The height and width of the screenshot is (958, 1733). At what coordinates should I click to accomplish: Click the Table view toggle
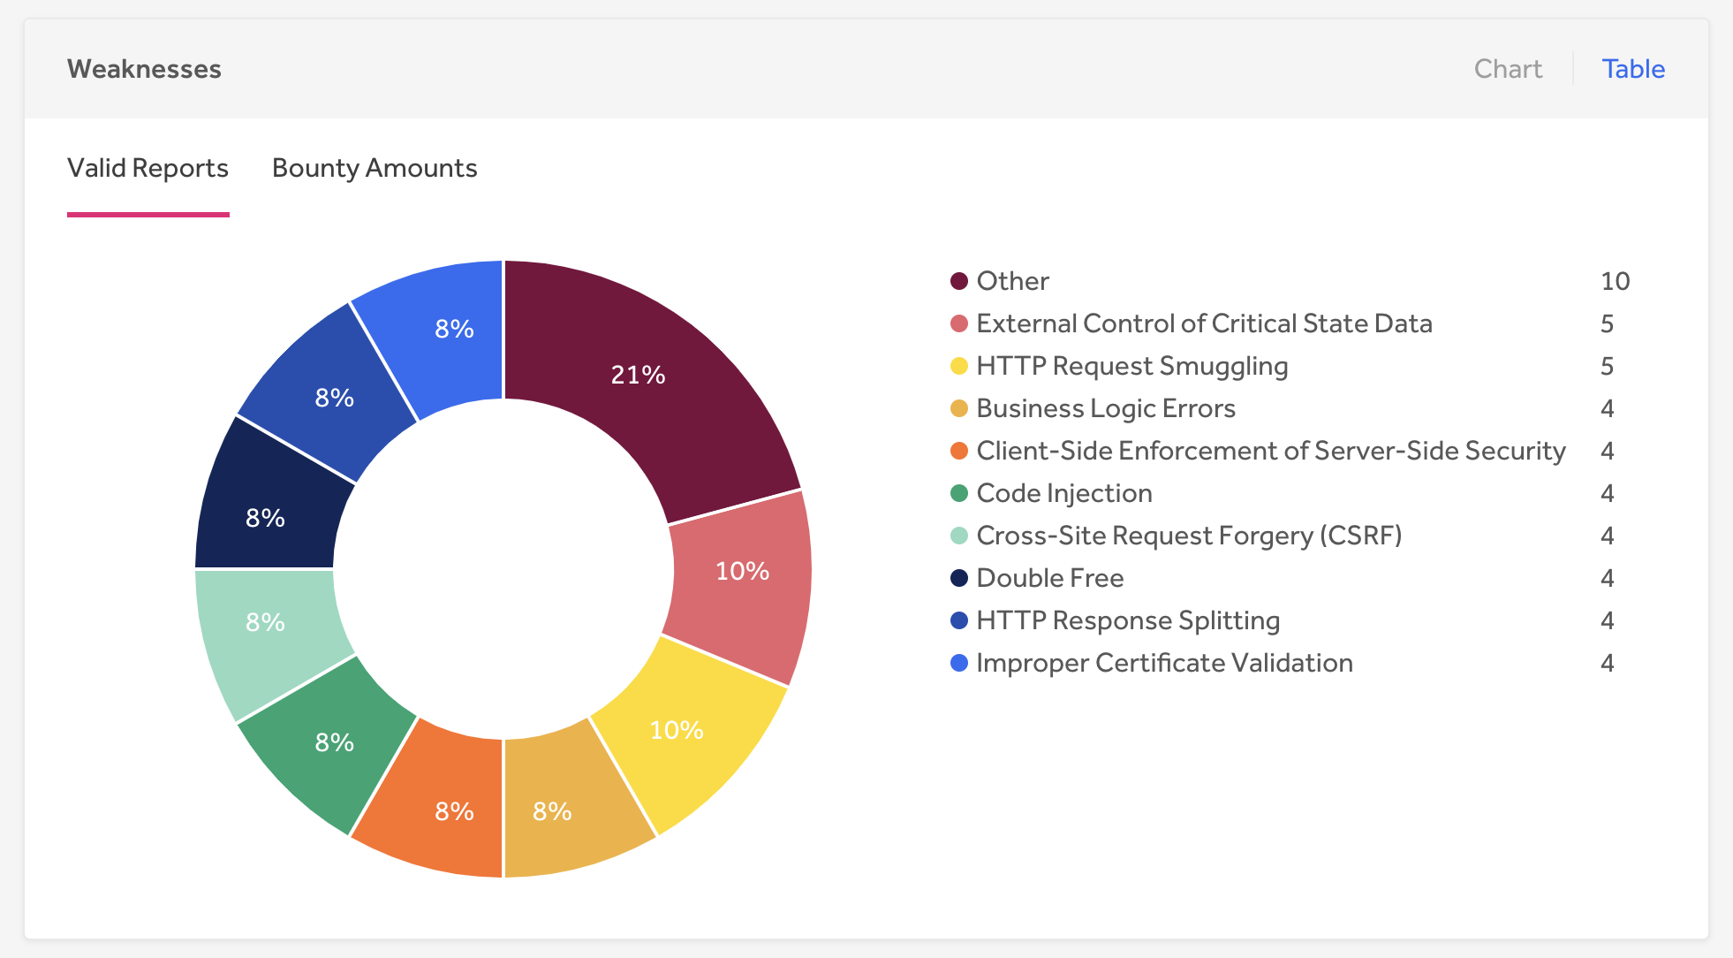click(x=1633, y=69)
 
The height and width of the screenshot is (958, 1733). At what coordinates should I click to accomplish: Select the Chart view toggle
click(x=1508, y=69)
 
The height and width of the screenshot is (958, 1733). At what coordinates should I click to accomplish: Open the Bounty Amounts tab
click(x=375, y=168)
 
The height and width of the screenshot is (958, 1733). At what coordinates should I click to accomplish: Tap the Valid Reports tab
click(x=148, y=168)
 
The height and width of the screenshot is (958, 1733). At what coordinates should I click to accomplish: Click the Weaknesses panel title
click(x=144, y=69)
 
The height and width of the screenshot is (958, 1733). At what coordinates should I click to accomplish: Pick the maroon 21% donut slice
click(x=638, y=375)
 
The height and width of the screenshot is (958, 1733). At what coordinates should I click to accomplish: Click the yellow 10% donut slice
click(x=677, y=730)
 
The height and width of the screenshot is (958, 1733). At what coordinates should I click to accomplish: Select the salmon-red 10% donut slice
click(x=742, y=571)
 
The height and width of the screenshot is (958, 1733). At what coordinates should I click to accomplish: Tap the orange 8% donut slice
click(x=454, y=811)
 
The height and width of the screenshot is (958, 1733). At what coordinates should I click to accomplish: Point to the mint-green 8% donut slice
click(x=265, y=622)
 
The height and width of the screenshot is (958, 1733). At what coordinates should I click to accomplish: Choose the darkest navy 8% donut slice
click(x=265, y=518)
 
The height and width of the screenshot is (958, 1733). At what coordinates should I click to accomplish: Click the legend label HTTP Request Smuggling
click(x=1131, y=366)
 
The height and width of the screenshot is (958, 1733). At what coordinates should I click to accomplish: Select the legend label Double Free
click(x=1049, y=578)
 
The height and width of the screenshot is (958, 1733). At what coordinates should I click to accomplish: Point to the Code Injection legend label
click(x=1063, y=493)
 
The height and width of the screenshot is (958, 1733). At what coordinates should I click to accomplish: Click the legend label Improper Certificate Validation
click(x=1164, y=663)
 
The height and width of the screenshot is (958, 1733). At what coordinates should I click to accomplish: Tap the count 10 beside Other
click(x=1615, y=281)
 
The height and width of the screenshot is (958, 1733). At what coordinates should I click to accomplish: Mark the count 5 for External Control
click(x=1607, y=323)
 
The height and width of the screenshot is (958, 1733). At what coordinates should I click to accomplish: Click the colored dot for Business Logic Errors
click(x=959, y=408)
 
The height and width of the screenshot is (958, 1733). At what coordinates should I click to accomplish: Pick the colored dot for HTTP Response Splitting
click(x=959, y=620)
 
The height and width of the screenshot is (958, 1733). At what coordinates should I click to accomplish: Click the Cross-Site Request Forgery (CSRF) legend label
click(x=1189, y=536)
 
